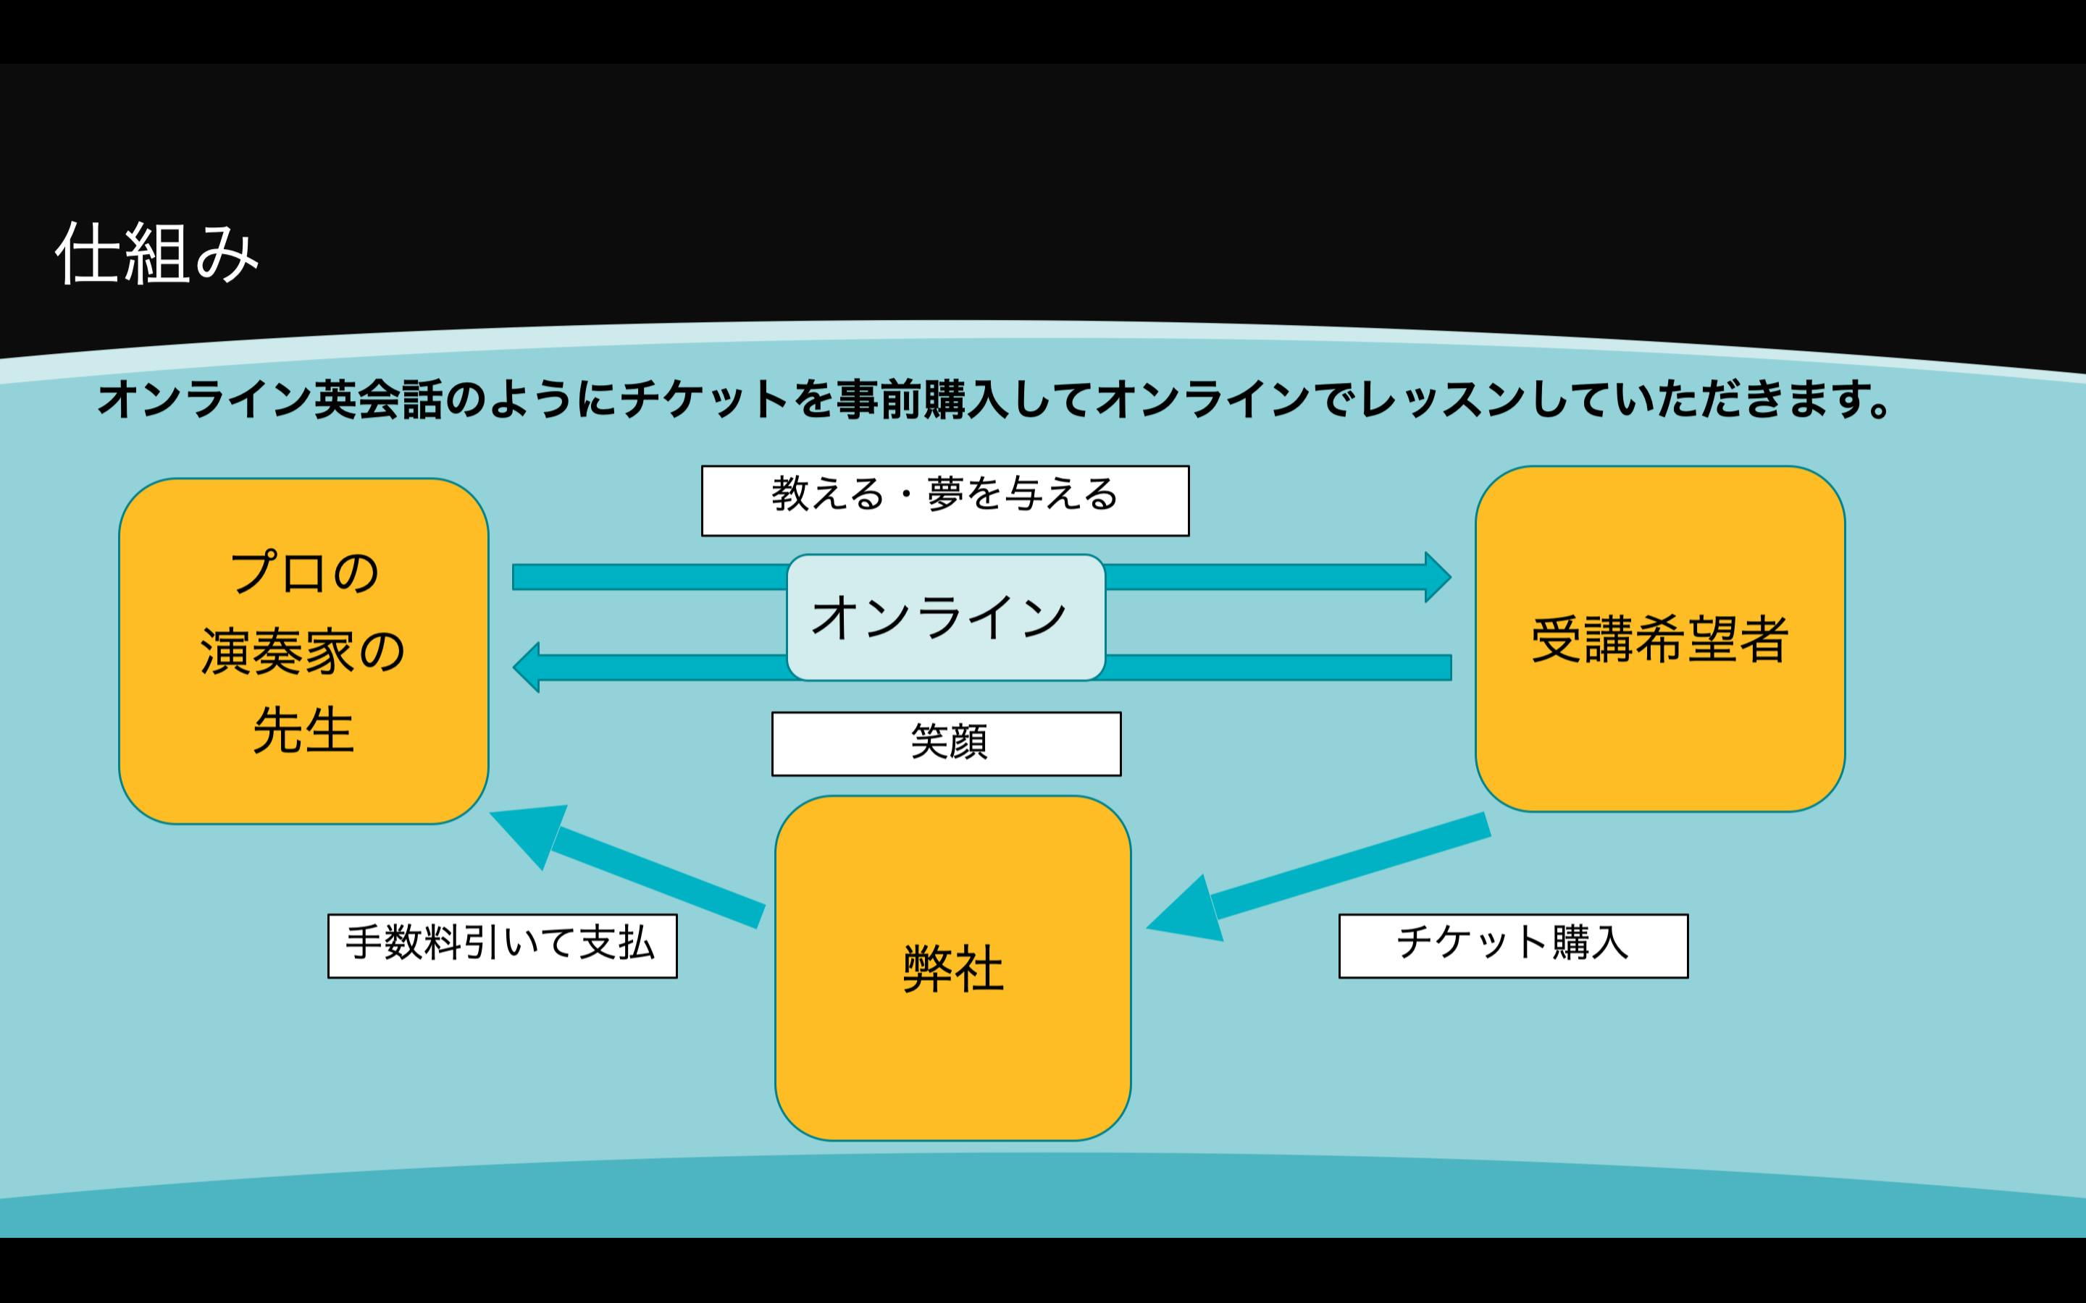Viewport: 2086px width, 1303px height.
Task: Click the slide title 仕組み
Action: [157, 253]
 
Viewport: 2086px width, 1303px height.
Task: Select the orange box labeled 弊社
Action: [952, 968]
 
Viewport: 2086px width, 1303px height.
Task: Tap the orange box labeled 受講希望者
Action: [1659, 639]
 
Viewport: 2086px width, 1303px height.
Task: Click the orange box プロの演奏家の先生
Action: [303, 651]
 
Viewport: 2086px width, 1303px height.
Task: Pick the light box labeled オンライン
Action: [946, 617]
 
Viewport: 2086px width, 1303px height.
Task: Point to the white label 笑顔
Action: [947, 743]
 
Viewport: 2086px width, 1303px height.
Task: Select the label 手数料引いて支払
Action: [502, 945]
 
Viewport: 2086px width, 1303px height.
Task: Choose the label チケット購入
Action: [1513, 945]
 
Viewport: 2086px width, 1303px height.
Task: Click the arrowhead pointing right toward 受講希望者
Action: [1436, 576]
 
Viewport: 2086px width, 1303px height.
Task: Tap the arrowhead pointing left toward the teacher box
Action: [527, 667]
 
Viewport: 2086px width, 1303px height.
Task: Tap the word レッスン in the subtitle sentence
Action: [1441, 400]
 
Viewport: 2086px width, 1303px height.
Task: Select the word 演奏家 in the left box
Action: [277, 651]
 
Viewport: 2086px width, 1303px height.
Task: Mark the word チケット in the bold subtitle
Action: [704, 400]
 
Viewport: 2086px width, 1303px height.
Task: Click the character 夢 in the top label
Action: [946, 494]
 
